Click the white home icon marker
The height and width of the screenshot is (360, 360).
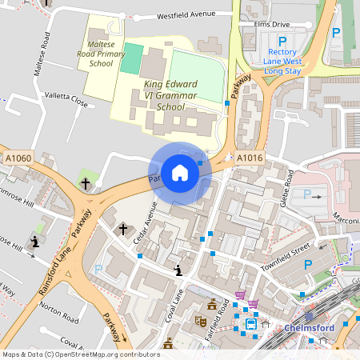[x=179, y=171]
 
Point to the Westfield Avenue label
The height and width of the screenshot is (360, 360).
[x=187, y=15]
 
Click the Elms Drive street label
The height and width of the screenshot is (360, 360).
[x=270, y=24]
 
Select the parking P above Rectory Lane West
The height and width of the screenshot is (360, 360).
[x=282, y=41]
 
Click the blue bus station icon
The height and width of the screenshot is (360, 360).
[x=251, y=324]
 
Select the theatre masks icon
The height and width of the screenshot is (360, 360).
[x=201, y=322]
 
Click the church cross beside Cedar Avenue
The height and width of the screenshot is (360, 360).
[x=123, y=229]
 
